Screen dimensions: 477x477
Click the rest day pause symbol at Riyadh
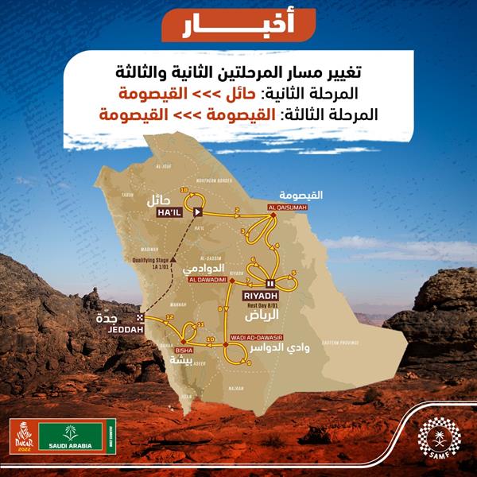[x=270, y=282]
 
